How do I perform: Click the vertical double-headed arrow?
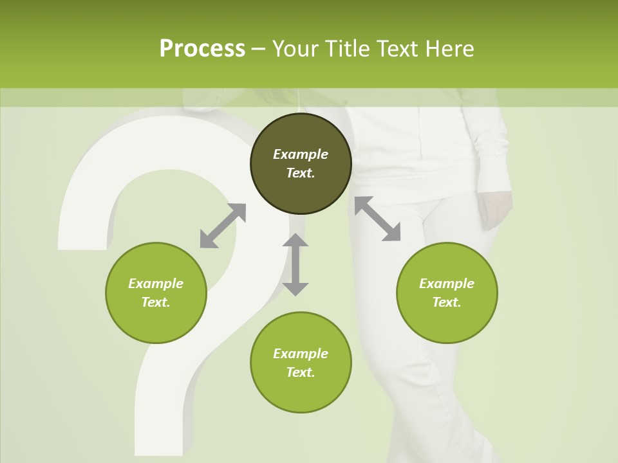tap(295, 264)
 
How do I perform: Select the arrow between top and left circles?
tap(223, 226)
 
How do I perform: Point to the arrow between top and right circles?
tap(377, 219)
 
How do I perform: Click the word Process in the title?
tap(202, 49)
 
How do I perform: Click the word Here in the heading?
tap(450, 49)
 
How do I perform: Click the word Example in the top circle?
tap(301, 154)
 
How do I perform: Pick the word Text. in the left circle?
tap(156, 302)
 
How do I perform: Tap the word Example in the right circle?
tap(447, 284)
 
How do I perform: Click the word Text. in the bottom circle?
tap(301, 372)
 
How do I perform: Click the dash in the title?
tap(258, 49)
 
